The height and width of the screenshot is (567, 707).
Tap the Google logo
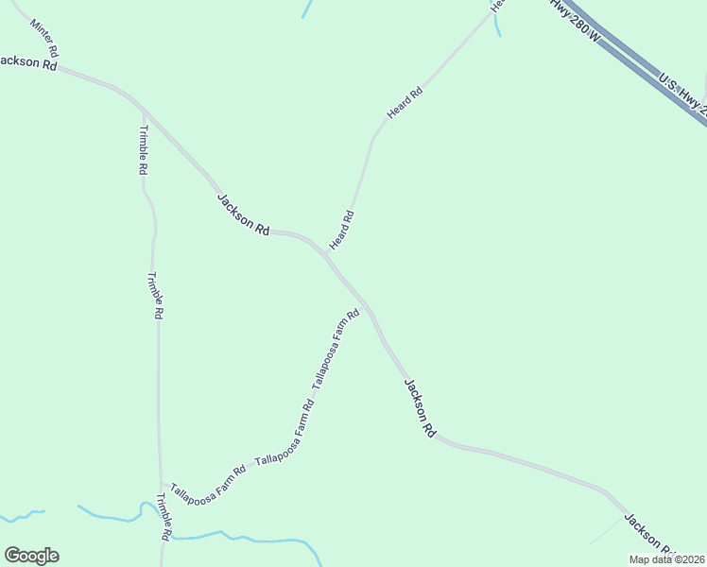tap(31, 556)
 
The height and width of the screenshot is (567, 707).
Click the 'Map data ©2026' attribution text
tap(666, 559)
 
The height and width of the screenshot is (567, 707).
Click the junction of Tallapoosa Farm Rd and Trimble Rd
tap(161, 483)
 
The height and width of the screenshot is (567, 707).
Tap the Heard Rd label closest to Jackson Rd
tap(341, 231)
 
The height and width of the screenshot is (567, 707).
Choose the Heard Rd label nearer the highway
tap(405, 103)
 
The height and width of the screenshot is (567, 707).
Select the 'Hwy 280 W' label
tap(577, 21)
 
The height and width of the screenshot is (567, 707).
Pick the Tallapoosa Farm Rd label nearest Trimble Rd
tap(208, 482)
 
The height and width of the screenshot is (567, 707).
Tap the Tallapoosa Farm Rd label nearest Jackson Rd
tap(337, 350)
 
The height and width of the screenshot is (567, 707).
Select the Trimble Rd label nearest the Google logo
tap(164, 516)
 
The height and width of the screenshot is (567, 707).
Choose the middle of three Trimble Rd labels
tap(156, 295)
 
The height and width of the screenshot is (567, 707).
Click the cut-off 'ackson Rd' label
tap(28, 62)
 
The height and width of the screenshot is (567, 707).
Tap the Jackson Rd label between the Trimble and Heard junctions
tap(244, 215)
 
